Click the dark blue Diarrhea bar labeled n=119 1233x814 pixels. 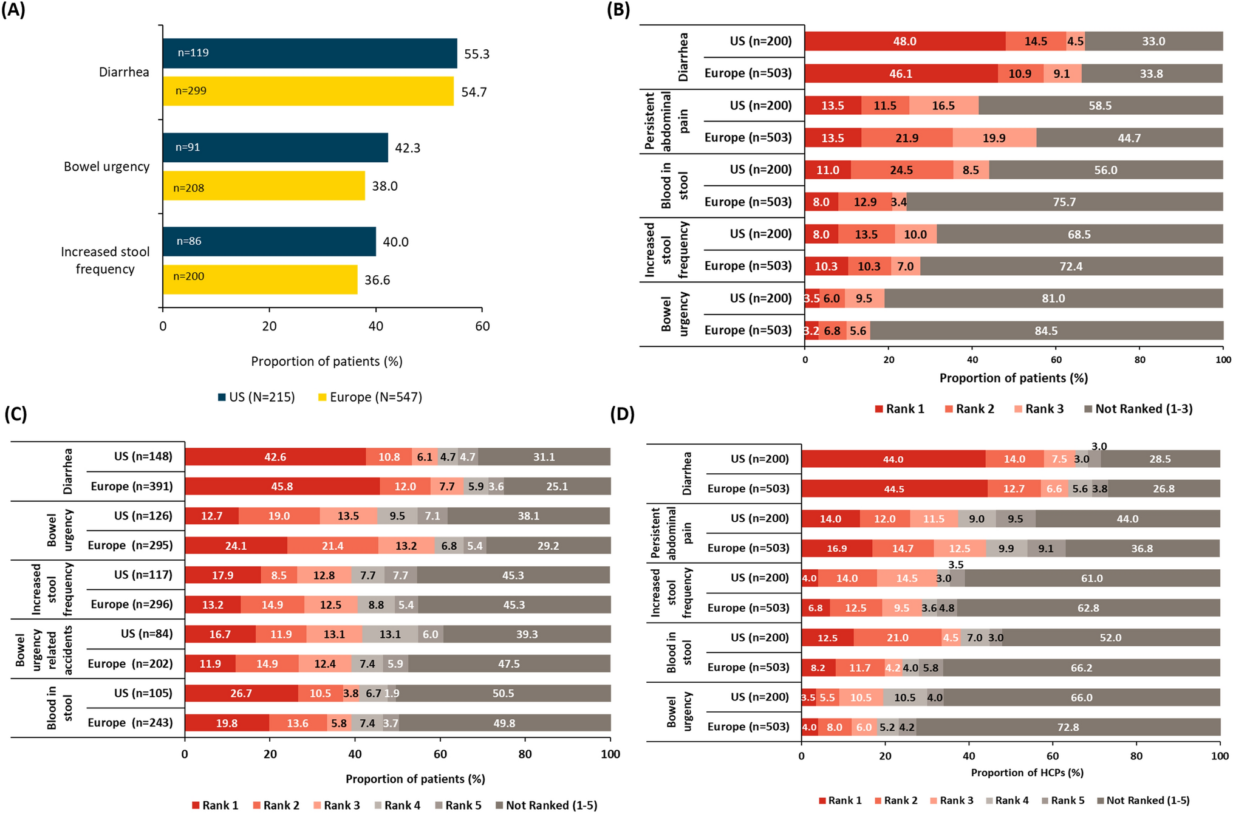(x=310, y=53)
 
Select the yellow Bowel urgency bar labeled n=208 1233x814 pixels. (x=264, y=186)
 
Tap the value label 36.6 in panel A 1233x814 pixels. (x=377, y=280)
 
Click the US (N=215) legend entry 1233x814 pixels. (x=257, y=397)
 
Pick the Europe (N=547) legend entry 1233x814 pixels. (x=370, y=397)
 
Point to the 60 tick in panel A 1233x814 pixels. (x=482, y=326)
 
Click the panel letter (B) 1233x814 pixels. (x=618, y=10)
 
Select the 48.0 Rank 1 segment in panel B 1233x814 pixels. (x=904, y=41)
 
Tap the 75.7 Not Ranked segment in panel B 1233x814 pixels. (x=1064, y=202)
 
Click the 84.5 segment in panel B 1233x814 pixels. (x=1046, y=330)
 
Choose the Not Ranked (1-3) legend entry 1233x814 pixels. (x=1138, y=409)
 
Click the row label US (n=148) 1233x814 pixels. (x=143, y=456)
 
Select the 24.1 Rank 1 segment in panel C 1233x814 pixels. (x=236, y=546)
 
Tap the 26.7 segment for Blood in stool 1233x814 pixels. (x=241, y=693)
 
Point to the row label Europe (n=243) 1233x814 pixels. (x=130, y=723)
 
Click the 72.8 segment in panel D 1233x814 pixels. (x=1068, y=727)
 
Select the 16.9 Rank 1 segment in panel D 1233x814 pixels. (x=836, y=549)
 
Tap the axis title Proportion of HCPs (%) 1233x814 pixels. (x=1027, y=773)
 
